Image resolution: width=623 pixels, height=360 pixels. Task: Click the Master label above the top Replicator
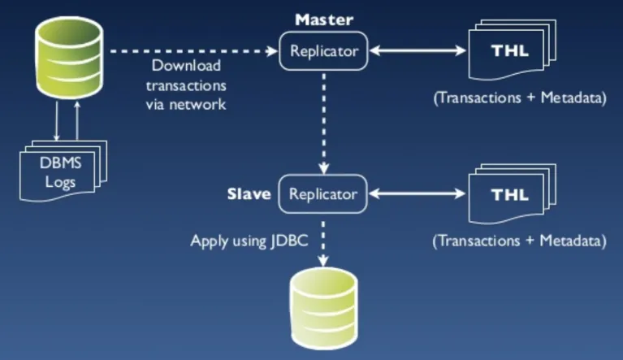(323, 19)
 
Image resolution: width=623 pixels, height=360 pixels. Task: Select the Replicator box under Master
(323, 52)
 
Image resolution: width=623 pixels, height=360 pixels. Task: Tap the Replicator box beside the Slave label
(322, 195)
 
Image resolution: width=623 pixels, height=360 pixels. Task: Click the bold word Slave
(249, 195)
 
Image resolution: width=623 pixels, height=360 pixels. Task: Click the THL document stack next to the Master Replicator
(507, 53)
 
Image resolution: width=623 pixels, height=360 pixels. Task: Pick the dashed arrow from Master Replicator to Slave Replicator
(324, 122)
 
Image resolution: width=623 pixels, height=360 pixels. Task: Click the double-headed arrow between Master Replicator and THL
(416, 52)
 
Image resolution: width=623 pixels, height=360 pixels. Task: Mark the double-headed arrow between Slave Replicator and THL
(416, 195)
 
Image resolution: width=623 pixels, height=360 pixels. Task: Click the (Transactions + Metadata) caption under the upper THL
(520, 99)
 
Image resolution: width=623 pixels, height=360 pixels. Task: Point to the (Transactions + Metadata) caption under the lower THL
(520, 241)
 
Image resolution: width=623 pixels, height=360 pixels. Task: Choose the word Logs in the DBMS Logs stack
(60, 182)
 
